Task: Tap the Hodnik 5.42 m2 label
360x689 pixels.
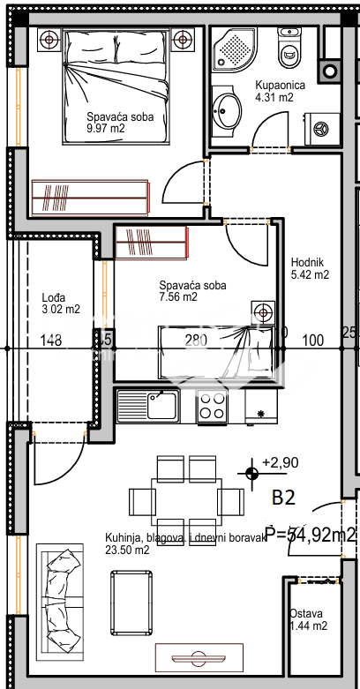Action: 310,267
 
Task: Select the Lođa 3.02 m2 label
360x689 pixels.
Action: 61,303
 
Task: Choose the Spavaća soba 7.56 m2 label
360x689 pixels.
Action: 191,290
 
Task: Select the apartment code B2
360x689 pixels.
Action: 282,498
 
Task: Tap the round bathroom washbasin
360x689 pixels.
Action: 229,110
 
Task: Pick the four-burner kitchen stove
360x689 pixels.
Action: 212,406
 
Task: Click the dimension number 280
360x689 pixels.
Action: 195,340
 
